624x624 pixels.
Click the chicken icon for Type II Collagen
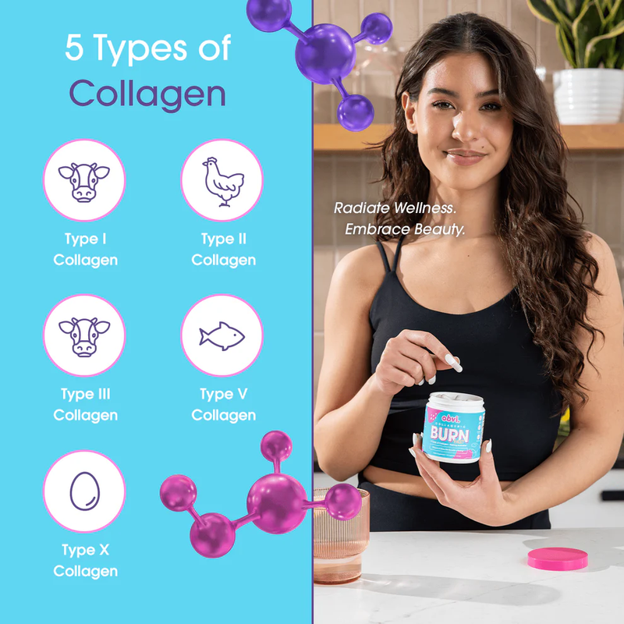222,181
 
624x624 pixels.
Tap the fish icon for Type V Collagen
222,335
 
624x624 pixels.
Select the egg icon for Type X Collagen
83,491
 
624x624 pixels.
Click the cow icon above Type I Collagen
83,181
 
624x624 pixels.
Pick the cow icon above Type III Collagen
83,335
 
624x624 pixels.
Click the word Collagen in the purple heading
147,94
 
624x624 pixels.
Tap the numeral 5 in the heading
75,48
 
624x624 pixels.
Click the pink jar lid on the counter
557,558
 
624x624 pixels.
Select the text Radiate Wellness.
395,208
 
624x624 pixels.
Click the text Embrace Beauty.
405,230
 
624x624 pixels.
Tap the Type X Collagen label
85,561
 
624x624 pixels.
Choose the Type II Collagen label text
223,250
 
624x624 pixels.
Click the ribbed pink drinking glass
340,538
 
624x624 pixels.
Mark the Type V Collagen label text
223,405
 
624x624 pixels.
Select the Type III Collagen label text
85,405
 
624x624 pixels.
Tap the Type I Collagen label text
85,250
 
